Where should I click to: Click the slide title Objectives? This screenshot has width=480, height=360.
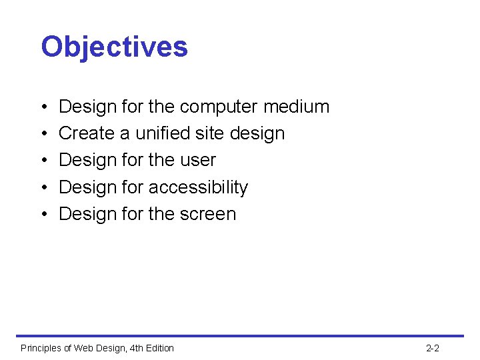click(x=114, y=47)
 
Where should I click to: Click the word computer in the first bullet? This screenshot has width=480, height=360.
click(x=219, y=107)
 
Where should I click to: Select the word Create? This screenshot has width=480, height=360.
click(x=87, y=133)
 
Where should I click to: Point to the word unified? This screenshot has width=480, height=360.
click(x=164, y=133)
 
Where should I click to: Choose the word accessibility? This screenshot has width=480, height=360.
click(x=198, y=187)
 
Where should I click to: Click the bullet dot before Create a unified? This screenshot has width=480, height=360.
click(x=43, y=134)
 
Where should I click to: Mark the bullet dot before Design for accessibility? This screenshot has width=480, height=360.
click(x=43, y=188)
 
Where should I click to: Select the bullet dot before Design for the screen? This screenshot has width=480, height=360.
click(x=43, y=215)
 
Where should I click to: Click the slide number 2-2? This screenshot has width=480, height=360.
click(x=432, y=348)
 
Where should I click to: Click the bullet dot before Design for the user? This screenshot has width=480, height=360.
click(x=43, y=161)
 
